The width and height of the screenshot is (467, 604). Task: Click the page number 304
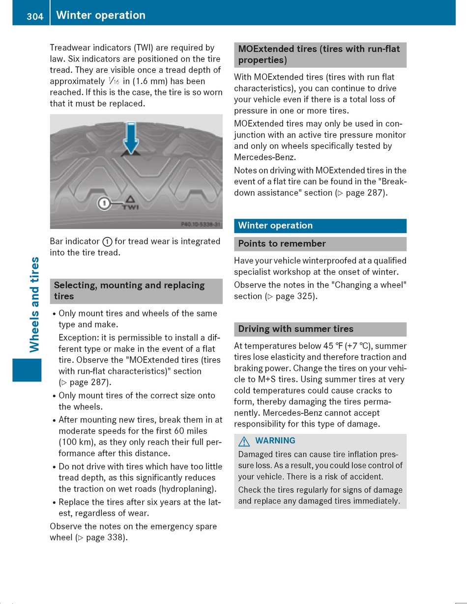pyautogui.click(x=35, y=16)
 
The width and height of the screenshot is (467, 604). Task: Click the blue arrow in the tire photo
pyautogui.click(x=131, y=138)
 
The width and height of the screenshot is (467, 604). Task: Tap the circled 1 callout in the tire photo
pyautogui.click(x=104, y=203)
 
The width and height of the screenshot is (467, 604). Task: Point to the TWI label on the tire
pyautogui.click(x=130, y=207)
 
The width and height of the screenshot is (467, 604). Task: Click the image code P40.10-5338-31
pyautogui.click(x=201, y=224)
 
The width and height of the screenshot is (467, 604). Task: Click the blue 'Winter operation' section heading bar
pyautogui.click(x=320, y=226)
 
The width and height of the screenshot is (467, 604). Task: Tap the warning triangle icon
pyautogui.click(x=244, y=441)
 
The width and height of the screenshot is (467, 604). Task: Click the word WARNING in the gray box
pyautogui.click(x=275, y=441)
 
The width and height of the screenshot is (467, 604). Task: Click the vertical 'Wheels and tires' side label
pyautogui.click(x=34, y=304)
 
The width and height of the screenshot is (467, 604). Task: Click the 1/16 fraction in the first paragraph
pyautogui.click(x=114, y=82)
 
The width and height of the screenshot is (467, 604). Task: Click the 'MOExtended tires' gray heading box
pyautogui.click(x=320, y=55)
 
